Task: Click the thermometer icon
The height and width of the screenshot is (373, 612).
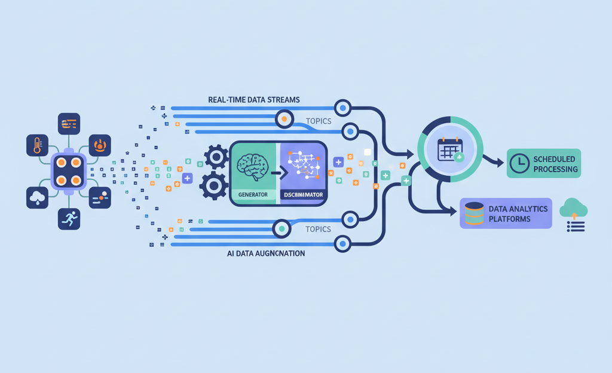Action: [x=37, y=145]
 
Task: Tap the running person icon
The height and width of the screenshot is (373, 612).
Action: [x=68, y=219]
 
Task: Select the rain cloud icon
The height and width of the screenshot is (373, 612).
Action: [x=37, y=197]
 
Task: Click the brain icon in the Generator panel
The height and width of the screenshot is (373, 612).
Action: [x=252, y=165]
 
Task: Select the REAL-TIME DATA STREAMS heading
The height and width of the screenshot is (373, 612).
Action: [x=254, y=99]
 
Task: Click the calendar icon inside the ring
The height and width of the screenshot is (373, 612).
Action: [x=450, y=149]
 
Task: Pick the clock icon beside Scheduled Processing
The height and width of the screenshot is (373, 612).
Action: [x=518, y=164]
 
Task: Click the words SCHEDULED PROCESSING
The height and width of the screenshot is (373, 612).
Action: [x=554, y=164]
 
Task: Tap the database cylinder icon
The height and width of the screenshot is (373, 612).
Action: [x=474, y=213]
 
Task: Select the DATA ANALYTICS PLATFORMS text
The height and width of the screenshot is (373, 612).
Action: [x=513, y=213]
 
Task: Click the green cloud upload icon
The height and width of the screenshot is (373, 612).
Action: [x=573, y=209]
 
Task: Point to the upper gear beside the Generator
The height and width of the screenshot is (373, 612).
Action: [x=216, y=157]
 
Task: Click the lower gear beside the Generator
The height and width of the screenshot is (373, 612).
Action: [x=213, y=185]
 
